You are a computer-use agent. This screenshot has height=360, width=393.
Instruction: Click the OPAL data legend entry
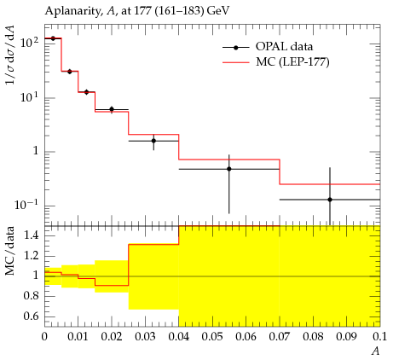pos(268,47)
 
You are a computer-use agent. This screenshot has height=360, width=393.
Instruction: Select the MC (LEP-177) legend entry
pos(276,62)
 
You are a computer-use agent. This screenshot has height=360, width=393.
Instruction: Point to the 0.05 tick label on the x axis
pos(212,337)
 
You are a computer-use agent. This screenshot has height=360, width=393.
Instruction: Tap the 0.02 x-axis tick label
pos(112,337)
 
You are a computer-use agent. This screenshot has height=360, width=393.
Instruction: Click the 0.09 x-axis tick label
pos(346,337)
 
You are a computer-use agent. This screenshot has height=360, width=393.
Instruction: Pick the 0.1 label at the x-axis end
pos(380,337)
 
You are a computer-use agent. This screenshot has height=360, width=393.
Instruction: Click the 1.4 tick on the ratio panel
pos(32,235)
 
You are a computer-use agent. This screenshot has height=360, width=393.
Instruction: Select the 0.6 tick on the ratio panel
pos(32,316)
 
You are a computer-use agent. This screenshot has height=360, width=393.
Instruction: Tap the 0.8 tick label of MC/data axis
pos(32,296)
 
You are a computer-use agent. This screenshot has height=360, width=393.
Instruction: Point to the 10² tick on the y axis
pos(29,43)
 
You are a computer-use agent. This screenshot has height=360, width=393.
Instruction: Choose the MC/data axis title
pos(10,251)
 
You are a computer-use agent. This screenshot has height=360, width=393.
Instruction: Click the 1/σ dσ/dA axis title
pos(9,55)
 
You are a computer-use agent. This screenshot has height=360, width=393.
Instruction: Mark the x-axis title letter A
pos(376,351)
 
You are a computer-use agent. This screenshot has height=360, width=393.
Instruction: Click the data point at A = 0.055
pos(229,169)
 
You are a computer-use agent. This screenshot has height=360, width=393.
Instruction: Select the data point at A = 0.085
pos(330,200)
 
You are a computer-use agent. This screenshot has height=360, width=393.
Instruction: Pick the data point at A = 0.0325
pos(153,141)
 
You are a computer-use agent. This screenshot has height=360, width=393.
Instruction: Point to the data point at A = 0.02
pos(112,109)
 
